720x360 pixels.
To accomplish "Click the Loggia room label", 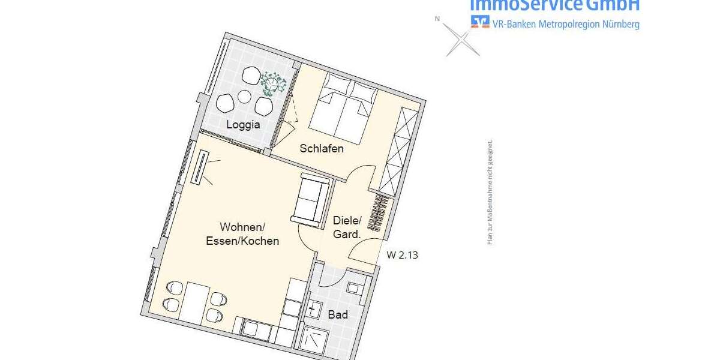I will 243,125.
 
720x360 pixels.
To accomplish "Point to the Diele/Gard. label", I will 346,227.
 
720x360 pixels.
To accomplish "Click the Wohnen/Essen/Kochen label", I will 249,234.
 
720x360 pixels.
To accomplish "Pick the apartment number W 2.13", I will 402,255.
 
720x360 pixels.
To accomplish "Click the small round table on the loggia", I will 244,96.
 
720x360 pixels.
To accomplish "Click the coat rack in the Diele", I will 378,213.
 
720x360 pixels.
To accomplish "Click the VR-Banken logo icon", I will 479,22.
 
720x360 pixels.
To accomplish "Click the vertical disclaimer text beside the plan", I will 490,192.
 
